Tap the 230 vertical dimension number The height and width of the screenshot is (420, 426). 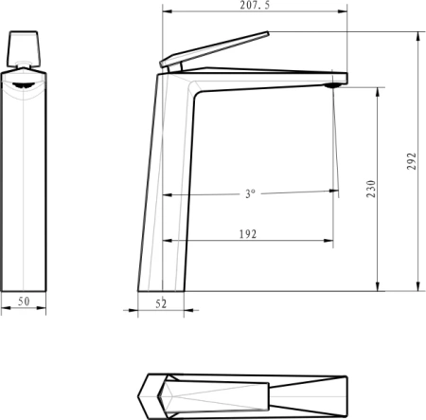tap(372, 189)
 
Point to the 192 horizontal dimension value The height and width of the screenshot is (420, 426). tap(249, 233)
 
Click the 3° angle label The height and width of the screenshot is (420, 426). tap(250, 193)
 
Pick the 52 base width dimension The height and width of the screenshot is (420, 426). tap(161, 303)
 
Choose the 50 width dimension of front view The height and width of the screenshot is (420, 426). tap(25, 301)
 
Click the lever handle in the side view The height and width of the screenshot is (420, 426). tap(214, 50)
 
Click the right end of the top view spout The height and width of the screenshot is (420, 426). tap(346, 392)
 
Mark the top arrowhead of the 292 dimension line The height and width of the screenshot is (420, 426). tap(417, 34)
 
